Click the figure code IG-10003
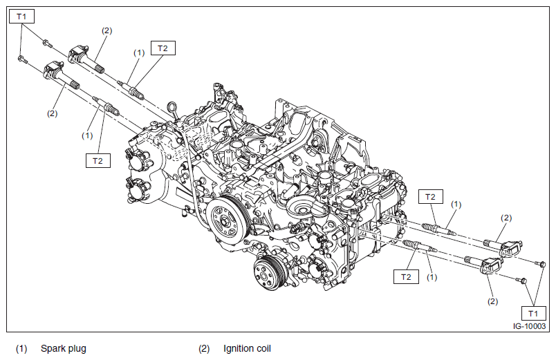click(x=529, y=327)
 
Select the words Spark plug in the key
click(x=64, y=348)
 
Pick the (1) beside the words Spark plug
click(x=21, y=348)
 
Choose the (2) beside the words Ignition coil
click(x=204, y=348)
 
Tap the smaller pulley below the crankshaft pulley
click(x=265, y=273)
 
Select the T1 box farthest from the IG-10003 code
click(x=22, y=15)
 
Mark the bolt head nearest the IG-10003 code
click(x=523, y=281)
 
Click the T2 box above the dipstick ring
click(x=163, y=48)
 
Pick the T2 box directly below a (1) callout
click(x=98, y=160)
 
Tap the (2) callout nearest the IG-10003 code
click(x=493, y=301)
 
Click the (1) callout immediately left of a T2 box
click(x=139, y=53)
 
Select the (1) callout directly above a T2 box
click(x=87, y=135)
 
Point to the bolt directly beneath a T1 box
click(x=21, y=59)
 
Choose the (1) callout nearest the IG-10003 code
click(x=432, y=276)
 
